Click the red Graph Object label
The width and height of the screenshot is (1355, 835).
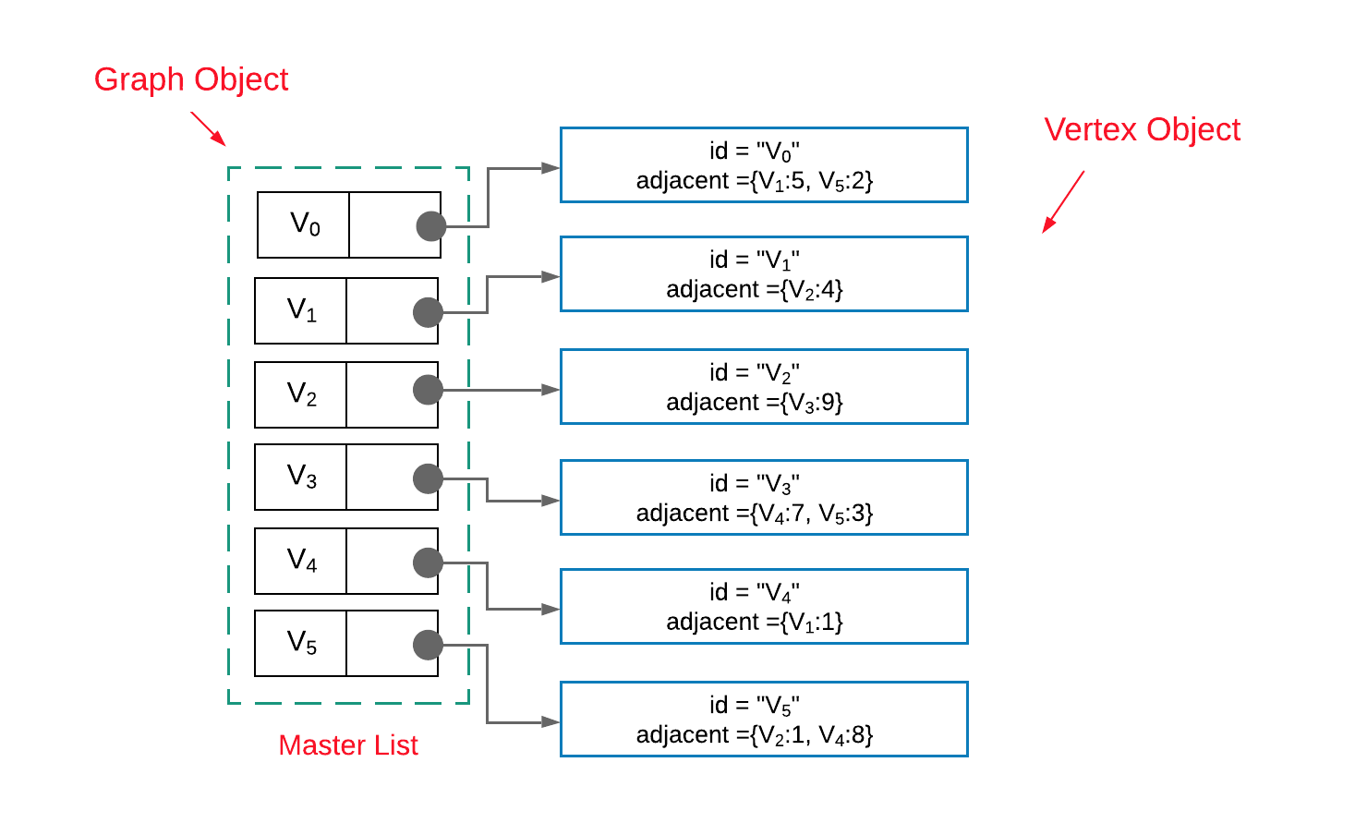point(191,79)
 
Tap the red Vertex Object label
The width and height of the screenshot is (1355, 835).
point(1142,129)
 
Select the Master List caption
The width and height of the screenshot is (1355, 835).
point(348,744)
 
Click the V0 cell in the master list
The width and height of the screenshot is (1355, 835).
point(304,224)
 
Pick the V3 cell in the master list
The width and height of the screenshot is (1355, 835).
point(301,477)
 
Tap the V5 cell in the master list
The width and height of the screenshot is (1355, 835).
point(301,643)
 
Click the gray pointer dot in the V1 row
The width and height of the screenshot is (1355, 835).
point(428,312)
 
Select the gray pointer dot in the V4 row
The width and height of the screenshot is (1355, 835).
point(428,562)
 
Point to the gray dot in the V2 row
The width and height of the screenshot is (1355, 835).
point(428,390)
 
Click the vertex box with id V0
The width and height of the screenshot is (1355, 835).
point(764,165)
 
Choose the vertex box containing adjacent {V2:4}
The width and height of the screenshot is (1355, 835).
point(764,274)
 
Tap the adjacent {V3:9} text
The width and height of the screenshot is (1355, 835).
point(755,403)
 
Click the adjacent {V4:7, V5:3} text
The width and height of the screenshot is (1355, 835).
point(755,514)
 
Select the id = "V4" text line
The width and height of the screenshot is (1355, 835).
point(755,592)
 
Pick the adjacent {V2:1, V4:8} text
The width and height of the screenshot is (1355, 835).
point(755,735)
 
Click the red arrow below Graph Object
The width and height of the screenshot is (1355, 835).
point(208,128)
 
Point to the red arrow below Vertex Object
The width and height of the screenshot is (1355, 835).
point(1063,201)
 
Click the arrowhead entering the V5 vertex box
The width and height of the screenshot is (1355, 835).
point(551,721)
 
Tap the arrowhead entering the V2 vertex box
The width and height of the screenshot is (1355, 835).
point(551,390)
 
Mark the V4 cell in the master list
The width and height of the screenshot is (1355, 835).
point(301,560)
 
